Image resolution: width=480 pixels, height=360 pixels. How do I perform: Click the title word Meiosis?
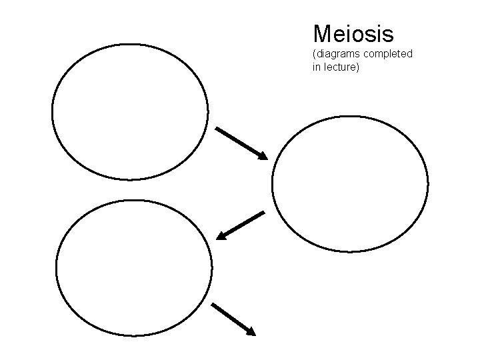click(353, 33)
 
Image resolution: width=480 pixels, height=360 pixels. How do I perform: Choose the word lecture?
click(340, 67)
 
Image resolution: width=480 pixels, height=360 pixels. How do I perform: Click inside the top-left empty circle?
click(130, 112)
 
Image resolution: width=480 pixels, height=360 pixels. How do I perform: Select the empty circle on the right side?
click(350, 183)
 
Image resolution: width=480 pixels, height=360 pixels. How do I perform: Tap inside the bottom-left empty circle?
click(134, 268)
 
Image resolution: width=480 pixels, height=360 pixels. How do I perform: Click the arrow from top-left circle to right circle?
click(241, 143)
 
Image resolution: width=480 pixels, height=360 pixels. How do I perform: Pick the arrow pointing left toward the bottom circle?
click(241, 225)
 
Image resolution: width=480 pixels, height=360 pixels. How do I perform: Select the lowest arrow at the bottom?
click(233, 319)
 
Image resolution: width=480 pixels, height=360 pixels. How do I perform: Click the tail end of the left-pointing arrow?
click(263, 213)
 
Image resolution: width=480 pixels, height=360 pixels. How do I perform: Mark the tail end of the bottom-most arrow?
click(214, 305)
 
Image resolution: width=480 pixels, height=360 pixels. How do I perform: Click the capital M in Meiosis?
click(322, 33)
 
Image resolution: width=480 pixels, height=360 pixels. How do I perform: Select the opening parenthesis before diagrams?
click(313, 53)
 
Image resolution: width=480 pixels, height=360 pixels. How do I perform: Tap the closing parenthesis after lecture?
click(357, 67)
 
